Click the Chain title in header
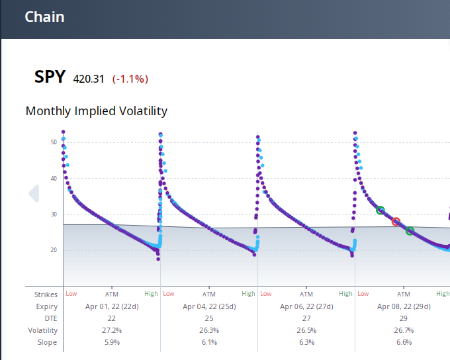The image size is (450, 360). (x=44, y=17)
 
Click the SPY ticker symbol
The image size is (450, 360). (x=50, y=77)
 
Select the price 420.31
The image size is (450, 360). (x=89, y=79)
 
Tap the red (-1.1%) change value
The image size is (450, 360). (x=130, y=79)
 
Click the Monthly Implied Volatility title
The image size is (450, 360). (x=96, y=111)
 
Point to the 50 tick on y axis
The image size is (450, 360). (x=53, y=142)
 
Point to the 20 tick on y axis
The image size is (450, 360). (x=53, y=250)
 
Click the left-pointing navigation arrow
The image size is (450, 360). (x=33, y=193)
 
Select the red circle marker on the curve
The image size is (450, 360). (x=396, y=222)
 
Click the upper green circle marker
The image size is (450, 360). (x=380, y=210)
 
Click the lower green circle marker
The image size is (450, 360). (x=410, y=231)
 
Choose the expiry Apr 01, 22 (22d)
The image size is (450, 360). (x=112, y=306)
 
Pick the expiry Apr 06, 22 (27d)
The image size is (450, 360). (x=306, y=306)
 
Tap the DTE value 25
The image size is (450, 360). (x=209, y=318)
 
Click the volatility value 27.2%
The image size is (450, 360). (x=112, y=330)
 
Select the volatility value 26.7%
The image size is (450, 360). (x=404, y=330)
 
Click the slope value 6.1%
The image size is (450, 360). (x=209, y=342)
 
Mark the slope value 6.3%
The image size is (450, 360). (x=306, y=342)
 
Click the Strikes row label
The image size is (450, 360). (x=46, y=294)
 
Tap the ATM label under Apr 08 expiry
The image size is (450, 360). (x=404, y=294)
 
